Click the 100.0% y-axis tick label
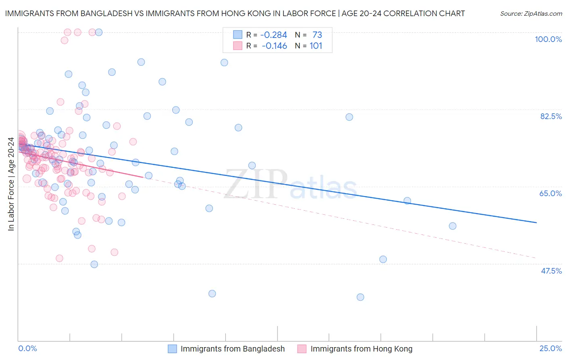click(x=548, y=39)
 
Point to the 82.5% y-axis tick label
click(x=551, y=116)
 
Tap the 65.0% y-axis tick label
click(x=550, y=193)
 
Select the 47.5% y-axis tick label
click(x=551, y=271)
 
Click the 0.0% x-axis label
click(x=27, y=348)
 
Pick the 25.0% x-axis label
click(x=550, y=348)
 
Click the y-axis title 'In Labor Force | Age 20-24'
click(x=11, y=184)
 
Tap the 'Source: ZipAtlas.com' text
click(x=531, y=13)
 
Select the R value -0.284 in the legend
click(x=274, y=35)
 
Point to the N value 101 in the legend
click(x=316, y=46)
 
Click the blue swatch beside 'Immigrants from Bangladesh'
click(x=173, y=349)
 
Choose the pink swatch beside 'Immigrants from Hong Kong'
click(x=302, y=349)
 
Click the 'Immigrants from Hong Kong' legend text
click(x=361, y=349)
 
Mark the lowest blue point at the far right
click(x=360, y=297)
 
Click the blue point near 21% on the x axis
click(x=452, y=226)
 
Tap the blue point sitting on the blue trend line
click(x=407, y=201)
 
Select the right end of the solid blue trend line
click(x=536, y=222)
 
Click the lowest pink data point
click(x=59, y=258)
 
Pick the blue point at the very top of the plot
click(x=99, y=32)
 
